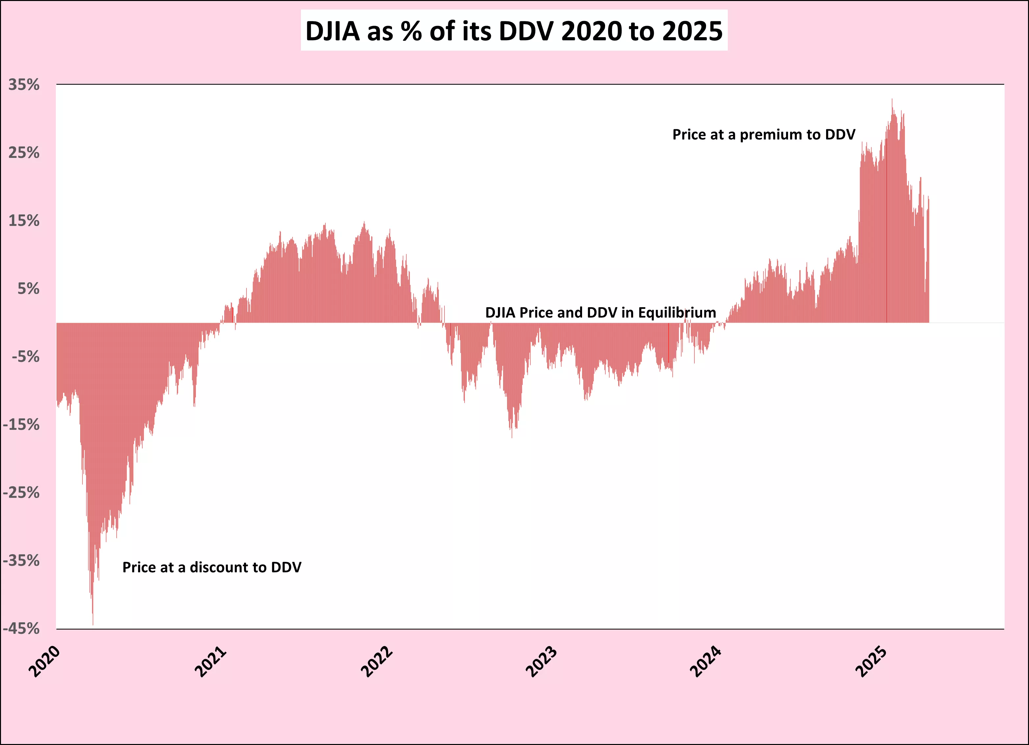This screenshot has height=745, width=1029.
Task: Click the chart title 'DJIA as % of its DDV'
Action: click(x=514, y=31)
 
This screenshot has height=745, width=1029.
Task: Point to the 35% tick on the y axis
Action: click(x=24, y=85)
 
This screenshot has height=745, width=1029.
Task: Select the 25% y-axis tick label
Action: click(x=24, y=153)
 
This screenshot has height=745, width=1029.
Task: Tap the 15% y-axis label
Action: click(x=24, y=221)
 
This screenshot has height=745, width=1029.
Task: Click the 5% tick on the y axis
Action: click(x=28, y=288)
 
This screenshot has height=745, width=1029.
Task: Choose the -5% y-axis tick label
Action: click(x=25, y=357)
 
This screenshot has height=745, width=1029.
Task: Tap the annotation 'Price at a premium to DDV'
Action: click(x=764, y=135)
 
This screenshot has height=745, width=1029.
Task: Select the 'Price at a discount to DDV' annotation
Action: click(x=212, y=568)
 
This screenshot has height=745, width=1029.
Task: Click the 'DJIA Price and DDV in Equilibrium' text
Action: click(x=600, y=312)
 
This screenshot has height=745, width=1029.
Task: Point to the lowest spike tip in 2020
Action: click(x=93, y=624)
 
